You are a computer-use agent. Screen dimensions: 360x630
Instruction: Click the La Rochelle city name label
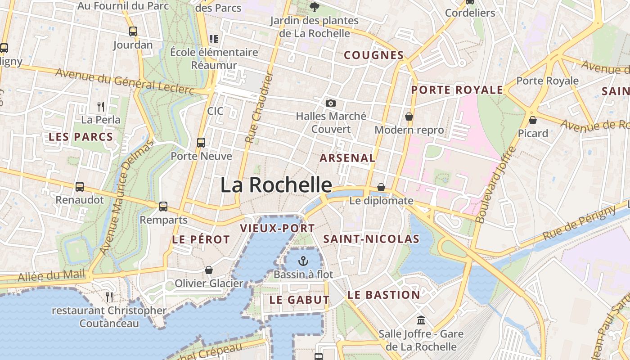276,185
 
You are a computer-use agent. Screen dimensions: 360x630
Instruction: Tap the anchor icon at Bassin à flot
303,261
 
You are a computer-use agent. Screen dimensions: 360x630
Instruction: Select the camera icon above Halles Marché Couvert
331,103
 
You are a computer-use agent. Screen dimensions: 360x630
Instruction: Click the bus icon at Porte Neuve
201,143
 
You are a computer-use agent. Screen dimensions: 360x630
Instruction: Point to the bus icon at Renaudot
80,186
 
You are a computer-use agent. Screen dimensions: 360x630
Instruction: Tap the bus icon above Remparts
163,207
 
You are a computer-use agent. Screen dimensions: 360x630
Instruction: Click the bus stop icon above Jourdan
133,31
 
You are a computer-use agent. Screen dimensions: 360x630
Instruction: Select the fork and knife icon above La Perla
101,107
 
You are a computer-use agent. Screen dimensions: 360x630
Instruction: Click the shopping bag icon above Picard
533,120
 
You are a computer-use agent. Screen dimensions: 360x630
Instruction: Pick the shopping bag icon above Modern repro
409,117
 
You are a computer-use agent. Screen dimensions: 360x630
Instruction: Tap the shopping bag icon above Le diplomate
381,187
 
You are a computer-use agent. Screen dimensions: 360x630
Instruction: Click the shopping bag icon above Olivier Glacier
209,270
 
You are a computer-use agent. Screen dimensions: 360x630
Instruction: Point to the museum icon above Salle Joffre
422,320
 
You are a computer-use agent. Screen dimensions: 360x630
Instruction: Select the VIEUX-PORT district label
277,228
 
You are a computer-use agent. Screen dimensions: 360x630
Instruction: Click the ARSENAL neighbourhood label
347,158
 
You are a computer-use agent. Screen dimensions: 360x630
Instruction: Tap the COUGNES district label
373,55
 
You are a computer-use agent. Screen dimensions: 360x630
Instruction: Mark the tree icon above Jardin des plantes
314,7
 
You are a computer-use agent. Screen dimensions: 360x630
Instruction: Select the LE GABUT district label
299,300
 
